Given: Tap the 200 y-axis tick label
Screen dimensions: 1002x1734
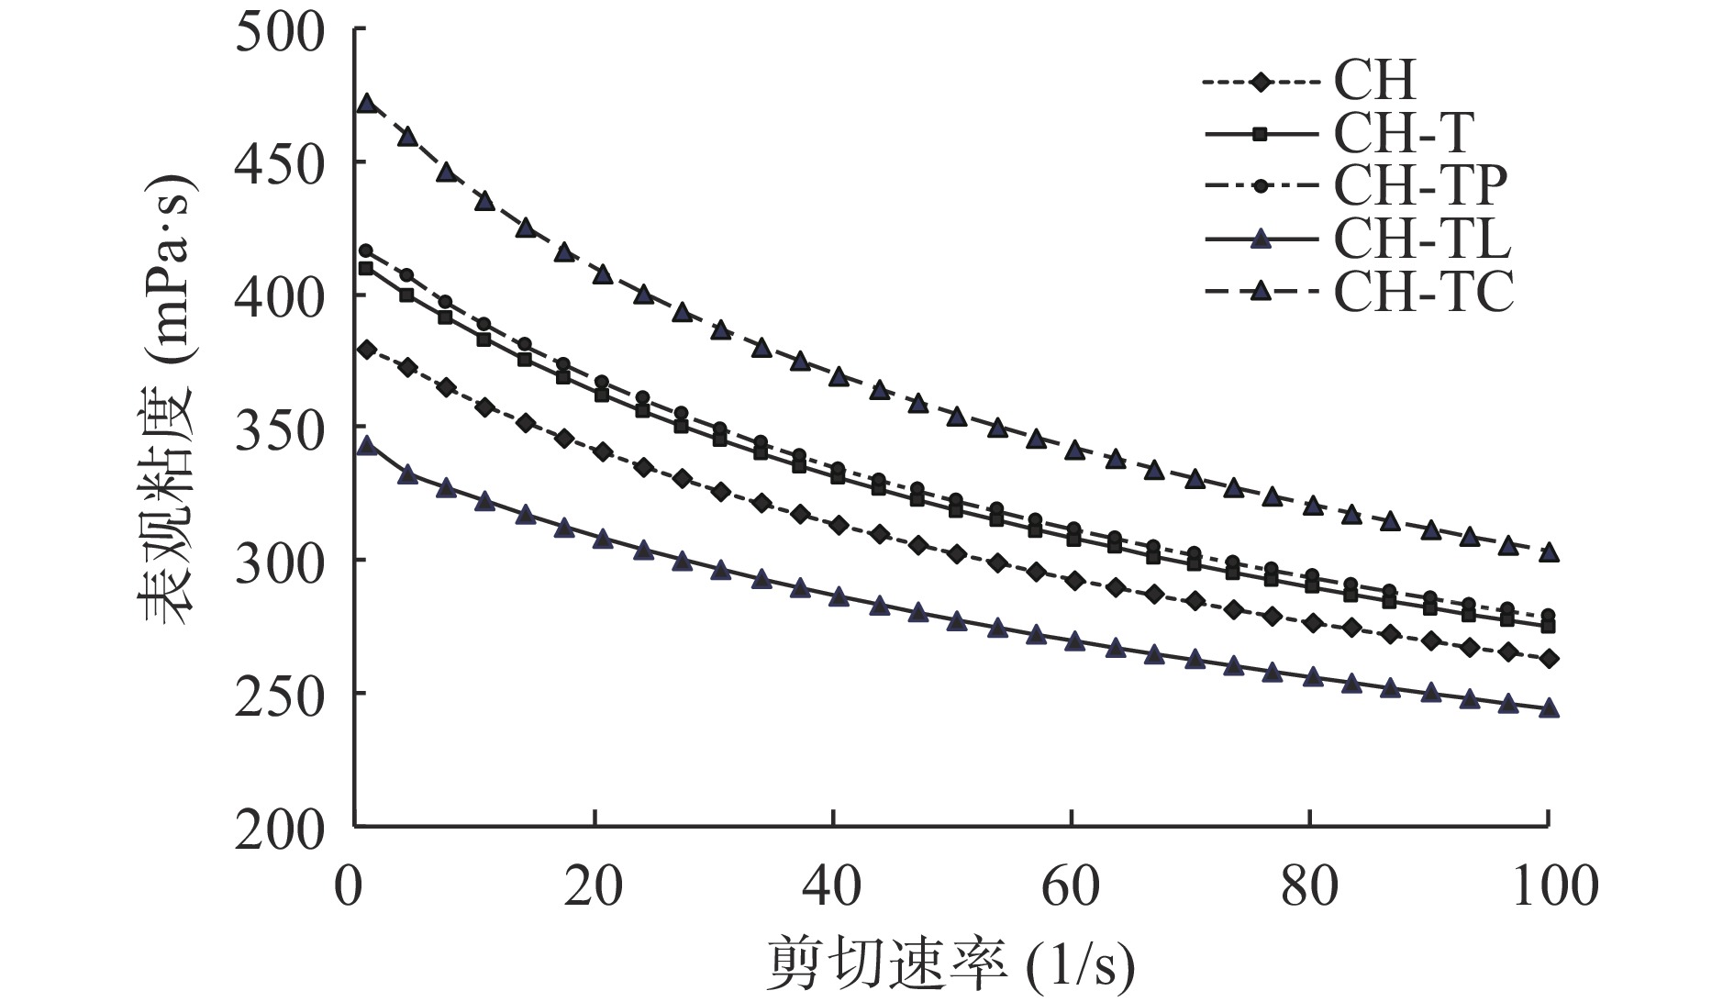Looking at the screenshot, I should (280, 830).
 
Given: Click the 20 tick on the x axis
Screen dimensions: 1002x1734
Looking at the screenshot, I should (594, 887).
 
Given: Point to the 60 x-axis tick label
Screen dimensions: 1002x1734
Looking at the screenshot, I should (1071, 887).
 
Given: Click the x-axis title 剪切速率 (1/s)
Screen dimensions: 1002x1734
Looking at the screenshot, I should (950, 964).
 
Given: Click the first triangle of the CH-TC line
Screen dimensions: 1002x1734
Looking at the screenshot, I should (367, 103).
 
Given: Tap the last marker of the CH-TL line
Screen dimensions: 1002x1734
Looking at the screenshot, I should (1549, 707).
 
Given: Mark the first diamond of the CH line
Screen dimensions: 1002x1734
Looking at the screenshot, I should (367, 350).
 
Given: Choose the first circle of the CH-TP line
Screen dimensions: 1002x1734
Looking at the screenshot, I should (366, 250).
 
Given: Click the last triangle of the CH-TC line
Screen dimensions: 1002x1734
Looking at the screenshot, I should (1549, 552).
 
